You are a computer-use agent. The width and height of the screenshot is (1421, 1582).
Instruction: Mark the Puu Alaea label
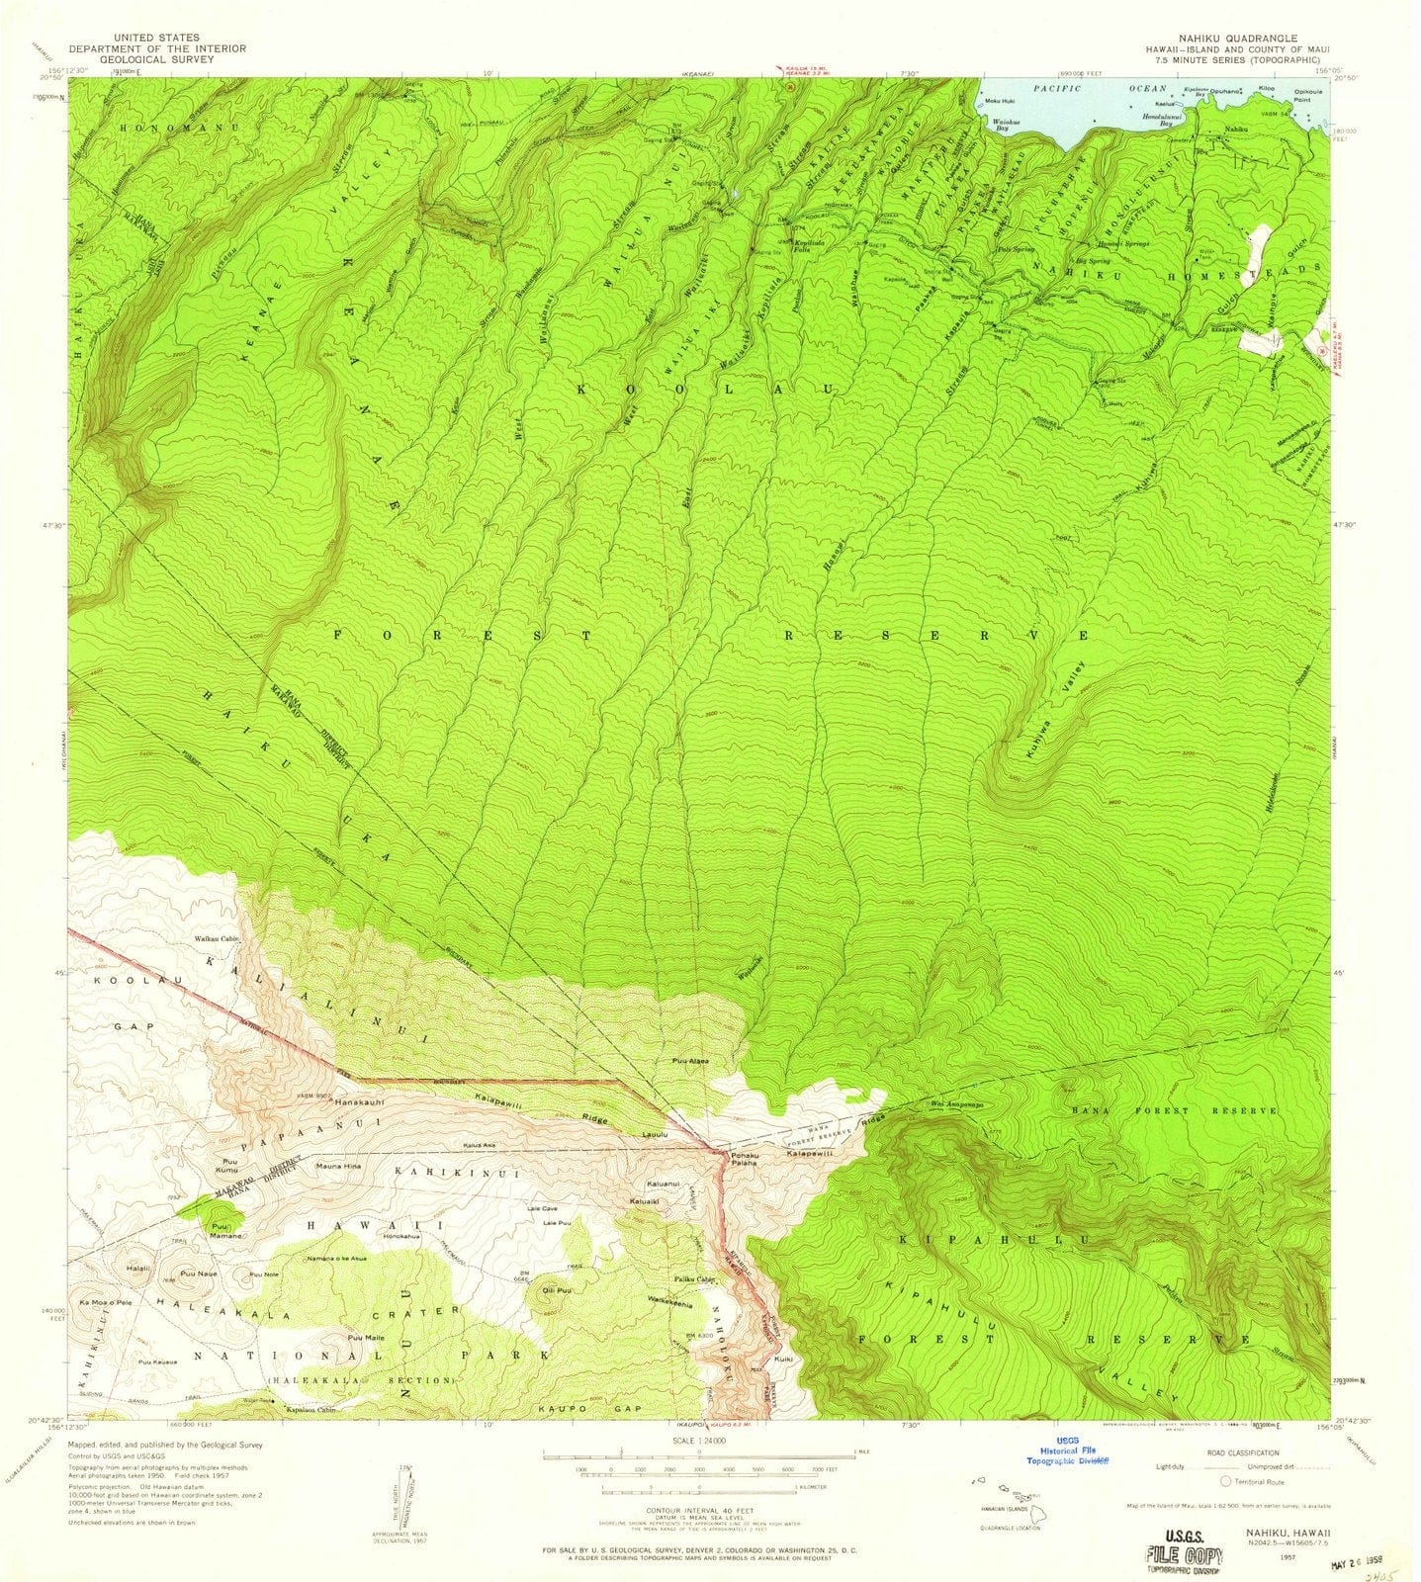point(690,1062)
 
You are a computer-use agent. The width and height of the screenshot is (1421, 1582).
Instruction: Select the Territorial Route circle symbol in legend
point(1226,1480)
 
